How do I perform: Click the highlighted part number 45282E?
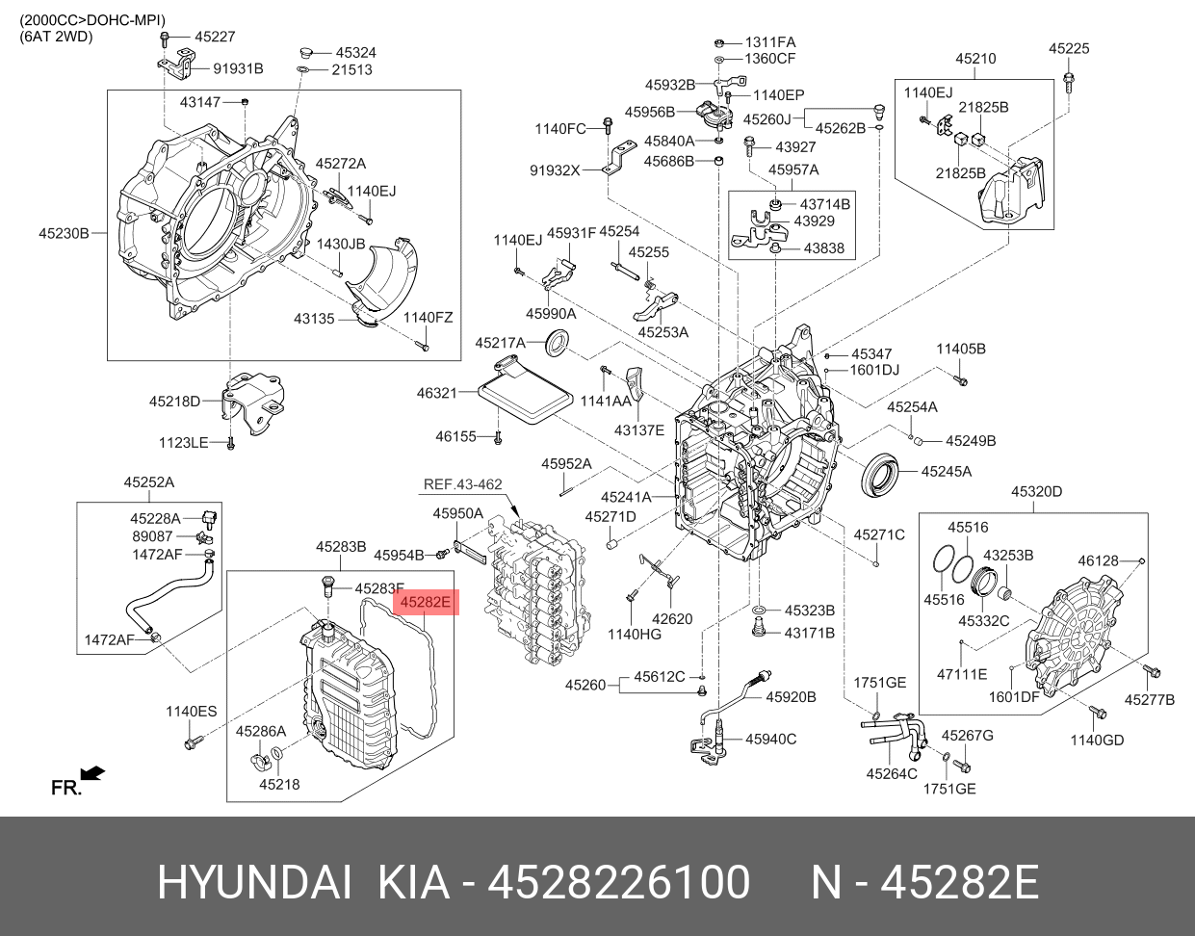(x=425, y=603)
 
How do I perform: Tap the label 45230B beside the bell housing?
(x=64, y=233)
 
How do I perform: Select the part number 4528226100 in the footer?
(x=619, y=882)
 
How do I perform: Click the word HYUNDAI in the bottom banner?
(x=254, y=882)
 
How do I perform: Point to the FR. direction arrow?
(x=91, y=773)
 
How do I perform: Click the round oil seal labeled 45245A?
(x=881, y=473)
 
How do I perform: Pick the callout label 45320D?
(x=1036, y=492)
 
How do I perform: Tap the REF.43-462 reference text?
(x=462, y=484)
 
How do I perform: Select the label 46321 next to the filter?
(x=436, y=393)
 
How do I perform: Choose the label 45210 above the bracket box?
(x=975, y=59)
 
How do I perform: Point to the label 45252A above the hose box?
(x=148, y=481)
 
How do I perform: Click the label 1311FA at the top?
(x=770, y=42)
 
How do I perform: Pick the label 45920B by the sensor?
(x=791, y=696)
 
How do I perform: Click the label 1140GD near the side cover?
(x=1097, y=740)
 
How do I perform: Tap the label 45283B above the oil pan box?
(x=341, y=547)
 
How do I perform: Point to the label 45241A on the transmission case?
(x=626, y=498)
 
